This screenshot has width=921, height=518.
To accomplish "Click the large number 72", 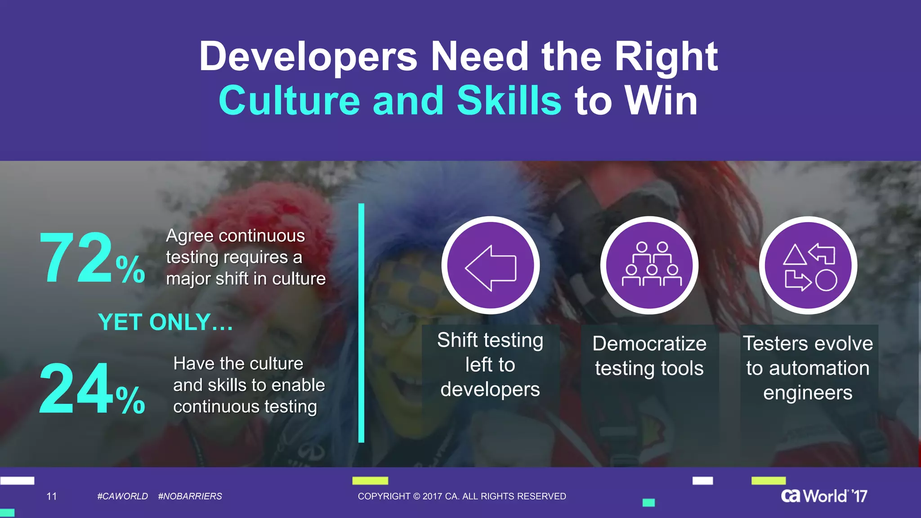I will [76, 258].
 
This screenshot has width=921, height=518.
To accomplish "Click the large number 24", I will [76, 388].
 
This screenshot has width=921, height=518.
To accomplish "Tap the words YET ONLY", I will [165, 322].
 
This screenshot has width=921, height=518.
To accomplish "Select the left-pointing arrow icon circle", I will [491, 265].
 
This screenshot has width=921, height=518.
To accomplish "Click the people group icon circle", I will [649, 265].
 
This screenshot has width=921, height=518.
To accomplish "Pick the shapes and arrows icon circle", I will [808, 265].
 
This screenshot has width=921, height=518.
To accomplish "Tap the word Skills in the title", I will [509, 101].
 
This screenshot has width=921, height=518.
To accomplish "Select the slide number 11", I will [52, 496].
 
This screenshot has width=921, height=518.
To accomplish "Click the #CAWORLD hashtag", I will [122, 496].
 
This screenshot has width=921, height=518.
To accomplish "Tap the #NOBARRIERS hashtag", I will [190, 496].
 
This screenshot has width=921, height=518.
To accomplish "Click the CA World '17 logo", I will [824, 496].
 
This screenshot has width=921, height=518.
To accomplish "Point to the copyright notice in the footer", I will [462, 496].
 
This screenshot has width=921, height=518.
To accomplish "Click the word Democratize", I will [649, 344].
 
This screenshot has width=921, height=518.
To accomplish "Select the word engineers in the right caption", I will [808, 393].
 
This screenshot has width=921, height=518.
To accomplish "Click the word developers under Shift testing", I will [490, 389].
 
